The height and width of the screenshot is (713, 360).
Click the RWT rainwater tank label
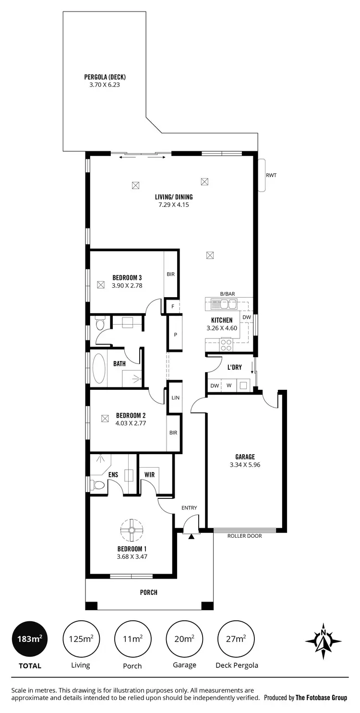pos(271,175)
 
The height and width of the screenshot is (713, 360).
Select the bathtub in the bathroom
pos(99,368)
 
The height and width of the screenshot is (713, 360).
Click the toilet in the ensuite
pos(98,484)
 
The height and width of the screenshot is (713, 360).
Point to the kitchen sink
pos(226,304)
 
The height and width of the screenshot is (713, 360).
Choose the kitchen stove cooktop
pos(226,344)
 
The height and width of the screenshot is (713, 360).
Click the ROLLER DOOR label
pos(245,536)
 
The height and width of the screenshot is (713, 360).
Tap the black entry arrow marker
pos(192,536)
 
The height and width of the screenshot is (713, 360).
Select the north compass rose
pos(324,640)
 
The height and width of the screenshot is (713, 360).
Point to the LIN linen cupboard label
pos(175,398)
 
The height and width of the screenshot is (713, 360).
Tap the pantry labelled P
pos(175,335)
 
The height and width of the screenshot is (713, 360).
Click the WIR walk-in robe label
pos(149,475)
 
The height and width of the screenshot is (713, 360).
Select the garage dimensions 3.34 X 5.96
pos(245,464)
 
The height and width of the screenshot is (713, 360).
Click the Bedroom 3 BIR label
pos(170,275)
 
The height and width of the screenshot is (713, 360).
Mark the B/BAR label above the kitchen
pos(228,293)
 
